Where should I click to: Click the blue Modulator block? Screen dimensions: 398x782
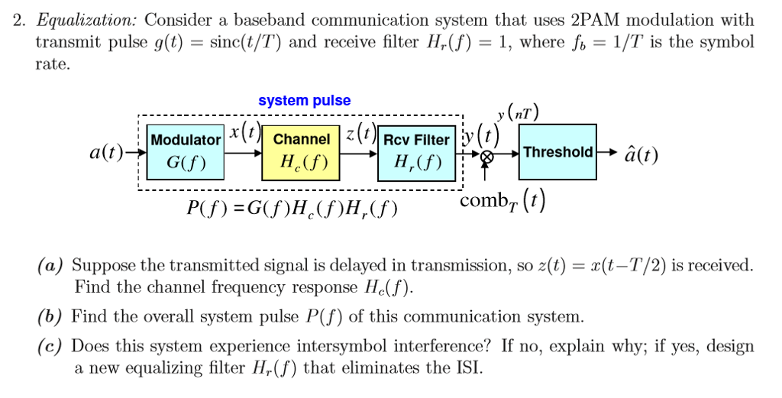click(185, 152)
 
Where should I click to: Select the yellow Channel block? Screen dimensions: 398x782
click(301, 152)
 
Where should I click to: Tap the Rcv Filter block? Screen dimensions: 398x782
click(415, 152)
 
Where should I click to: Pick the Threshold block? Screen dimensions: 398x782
click(557, 152)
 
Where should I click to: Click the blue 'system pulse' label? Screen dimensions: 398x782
click(304, 101)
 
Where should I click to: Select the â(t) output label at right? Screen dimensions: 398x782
click(641, 155)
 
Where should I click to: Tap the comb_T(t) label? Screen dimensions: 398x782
click(502, 202)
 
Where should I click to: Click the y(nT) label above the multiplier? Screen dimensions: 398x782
click(517, 114)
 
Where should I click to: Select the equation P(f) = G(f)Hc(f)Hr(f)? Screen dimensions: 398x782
click(292, 208)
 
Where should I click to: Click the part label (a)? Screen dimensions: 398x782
click(52, 266)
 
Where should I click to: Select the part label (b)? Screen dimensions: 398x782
click(52, 316)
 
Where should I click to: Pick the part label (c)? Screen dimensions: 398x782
click(52, 346)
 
